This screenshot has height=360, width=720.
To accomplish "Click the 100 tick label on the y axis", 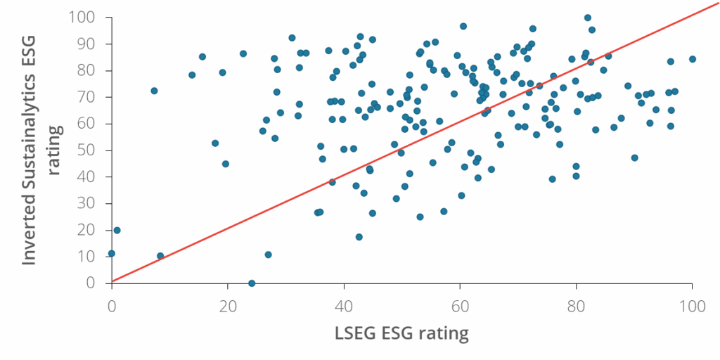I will [82, 17].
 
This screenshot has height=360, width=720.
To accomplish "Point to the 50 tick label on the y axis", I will [87, 150].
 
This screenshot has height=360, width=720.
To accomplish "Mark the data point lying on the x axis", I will [252, 283].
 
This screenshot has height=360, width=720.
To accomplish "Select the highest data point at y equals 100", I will [588, 18].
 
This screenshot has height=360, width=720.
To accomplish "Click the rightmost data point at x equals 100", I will [693, 59].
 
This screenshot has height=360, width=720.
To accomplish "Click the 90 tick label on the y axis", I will [87, 44].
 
